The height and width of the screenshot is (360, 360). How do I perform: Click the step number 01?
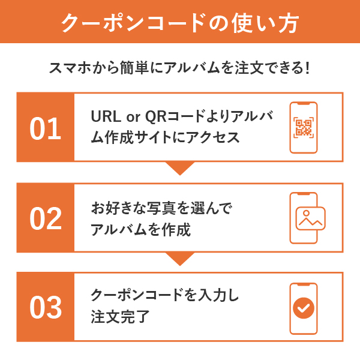pyautogui.click(x=45, y=128)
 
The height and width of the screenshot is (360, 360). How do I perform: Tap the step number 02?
pyautogui.click(x=46, y=218)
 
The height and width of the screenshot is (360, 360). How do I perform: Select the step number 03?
pyautogui.click(x=46, y=307)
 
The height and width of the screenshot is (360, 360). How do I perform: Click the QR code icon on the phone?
pyautogui.click(x=304, y=128)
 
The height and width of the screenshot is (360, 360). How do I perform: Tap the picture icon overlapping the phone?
pyautogui.click(x=310, y=218)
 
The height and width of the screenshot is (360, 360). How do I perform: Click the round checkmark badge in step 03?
pyautogui.click(x=304, y=308)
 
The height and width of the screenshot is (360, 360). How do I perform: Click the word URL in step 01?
pyautogui.click(x=106, y=116)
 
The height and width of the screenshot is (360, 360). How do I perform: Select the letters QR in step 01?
pyautogui.click(x=155, y=116)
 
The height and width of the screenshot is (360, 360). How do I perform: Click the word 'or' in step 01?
pyautogui.click(x=133, y=118)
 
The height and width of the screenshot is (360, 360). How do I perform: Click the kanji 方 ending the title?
pyautogui.click(x=289, y=23)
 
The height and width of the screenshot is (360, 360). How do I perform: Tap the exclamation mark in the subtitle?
pyautogui.click(x=307, y=67)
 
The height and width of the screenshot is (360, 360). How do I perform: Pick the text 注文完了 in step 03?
pyautogui.click(x=120, y=316)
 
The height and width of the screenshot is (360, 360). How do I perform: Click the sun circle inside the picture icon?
pyautogui.click(x=306, y=213)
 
